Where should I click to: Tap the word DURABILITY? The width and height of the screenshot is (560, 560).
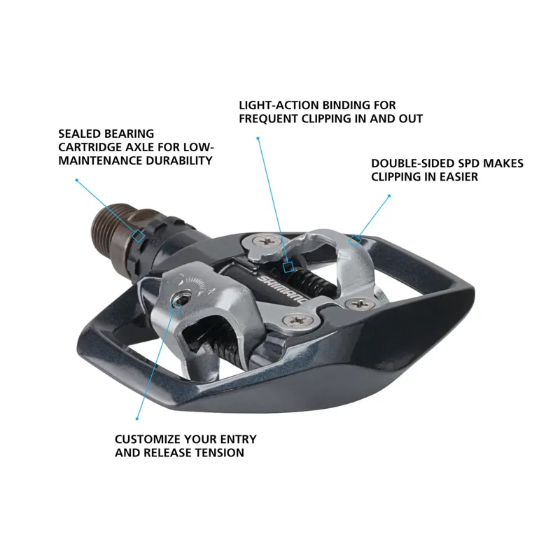178,160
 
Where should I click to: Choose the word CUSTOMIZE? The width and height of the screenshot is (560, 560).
148,440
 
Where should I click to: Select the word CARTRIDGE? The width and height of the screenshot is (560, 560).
92,147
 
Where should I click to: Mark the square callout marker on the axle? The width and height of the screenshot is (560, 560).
139,237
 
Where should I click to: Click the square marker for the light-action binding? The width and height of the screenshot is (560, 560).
288,266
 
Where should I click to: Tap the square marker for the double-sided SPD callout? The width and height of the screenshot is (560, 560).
356,241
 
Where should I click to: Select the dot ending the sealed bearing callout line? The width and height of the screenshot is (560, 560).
76,180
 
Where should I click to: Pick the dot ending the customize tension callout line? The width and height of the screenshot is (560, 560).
136,419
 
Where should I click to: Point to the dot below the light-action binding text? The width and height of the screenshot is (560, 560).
258,139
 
